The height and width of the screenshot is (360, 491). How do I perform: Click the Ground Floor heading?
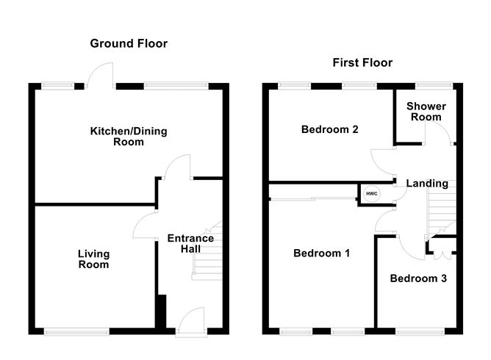point(129,43)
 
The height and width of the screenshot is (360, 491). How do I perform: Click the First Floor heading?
point(362,62)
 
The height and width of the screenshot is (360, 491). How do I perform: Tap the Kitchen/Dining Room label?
point(129,137)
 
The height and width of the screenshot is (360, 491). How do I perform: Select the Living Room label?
point(93,259)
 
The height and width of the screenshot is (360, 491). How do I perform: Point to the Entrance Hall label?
point(190,243)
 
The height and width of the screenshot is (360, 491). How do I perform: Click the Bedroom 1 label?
point(322,253)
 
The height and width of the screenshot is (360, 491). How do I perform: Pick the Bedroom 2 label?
point(330,129)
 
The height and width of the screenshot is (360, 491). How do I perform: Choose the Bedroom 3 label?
point(418,278)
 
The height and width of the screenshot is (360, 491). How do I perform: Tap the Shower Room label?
point(426,112)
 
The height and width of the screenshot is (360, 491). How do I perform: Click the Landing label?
point(427,184)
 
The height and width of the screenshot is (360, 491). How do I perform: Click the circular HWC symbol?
point(372,194)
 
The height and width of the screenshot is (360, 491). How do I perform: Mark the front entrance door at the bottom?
point(191,322)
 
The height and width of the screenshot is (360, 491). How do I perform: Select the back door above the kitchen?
point(100,75)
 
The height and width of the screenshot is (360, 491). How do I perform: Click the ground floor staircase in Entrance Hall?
point(207,250)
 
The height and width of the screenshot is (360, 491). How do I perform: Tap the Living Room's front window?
point(76,331)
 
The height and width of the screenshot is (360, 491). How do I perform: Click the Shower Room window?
point(434,86)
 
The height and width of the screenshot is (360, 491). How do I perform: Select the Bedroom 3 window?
point(420,331)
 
